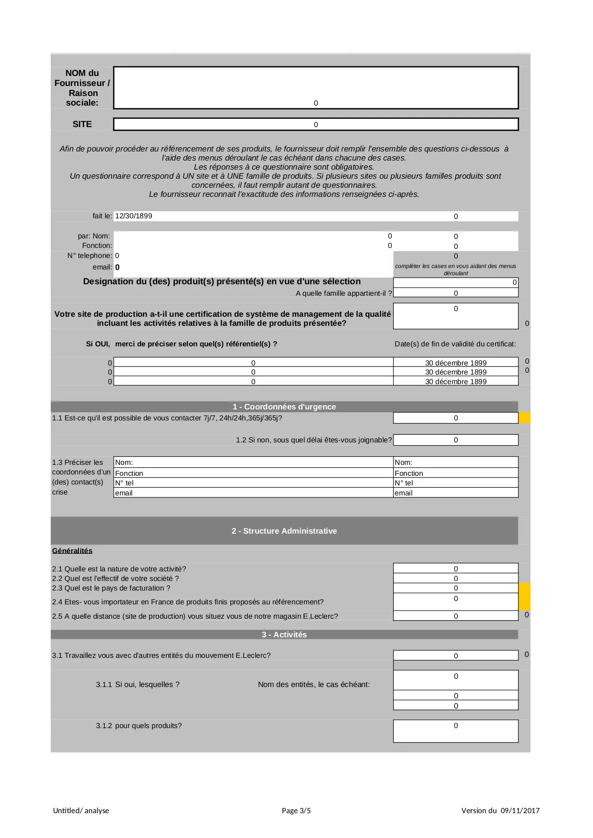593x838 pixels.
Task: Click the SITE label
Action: (82, 124)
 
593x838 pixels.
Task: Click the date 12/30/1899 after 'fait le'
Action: (134, 216)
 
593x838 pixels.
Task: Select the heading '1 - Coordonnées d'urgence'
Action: (284, 407)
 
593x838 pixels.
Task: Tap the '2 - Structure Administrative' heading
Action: (284, 531)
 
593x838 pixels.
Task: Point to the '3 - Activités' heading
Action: (284, 634)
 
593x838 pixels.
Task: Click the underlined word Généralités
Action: (72, 551)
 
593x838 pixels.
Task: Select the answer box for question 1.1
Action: (455, 418)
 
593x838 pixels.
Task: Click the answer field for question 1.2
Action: (455, 440)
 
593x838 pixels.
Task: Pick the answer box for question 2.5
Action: (455, 616)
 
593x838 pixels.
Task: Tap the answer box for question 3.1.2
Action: (455, 731)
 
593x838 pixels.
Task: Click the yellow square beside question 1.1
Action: (524, 418)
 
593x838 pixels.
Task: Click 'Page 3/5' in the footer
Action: (296, 810)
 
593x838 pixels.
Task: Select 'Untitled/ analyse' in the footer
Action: (81, 810)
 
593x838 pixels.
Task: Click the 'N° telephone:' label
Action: (90, 256)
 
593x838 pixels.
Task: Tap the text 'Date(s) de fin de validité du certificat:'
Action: (455, 344)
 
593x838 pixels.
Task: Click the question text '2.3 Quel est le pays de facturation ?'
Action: (111, 588)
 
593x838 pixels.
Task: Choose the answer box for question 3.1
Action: (455, 655)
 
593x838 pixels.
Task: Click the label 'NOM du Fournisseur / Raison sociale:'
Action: (82, 88)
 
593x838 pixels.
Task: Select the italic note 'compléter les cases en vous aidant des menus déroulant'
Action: (455, 269)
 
